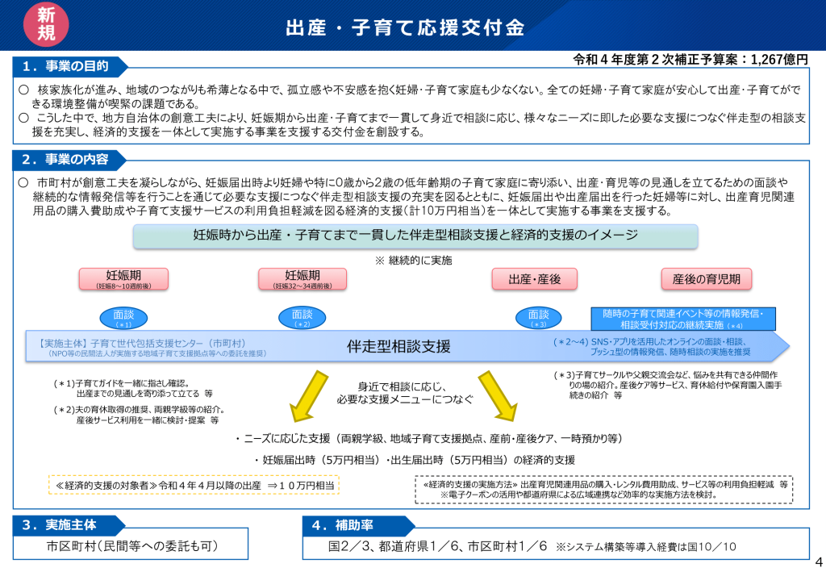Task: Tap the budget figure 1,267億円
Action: click(778, 59)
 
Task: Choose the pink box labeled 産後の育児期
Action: click(707, 279)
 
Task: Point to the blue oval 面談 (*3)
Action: click(538, 317)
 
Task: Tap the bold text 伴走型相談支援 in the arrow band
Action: click(398, 347)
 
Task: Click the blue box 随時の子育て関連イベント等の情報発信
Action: click(683, 319)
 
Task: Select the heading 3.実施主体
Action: click(64, 525)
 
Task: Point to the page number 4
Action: click(817, 562)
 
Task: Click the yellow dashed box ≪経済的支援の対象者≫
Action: click(194, 485)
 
